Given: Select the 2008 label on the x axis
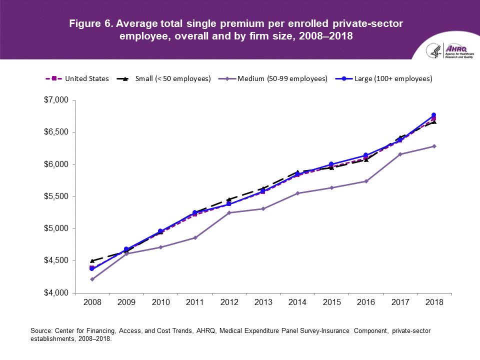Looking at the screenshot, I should coord(92,303).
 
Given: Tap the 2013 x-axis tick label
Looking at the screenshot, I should coord(263,303).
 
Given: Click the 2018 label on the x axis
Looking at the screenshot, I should coord(434,303).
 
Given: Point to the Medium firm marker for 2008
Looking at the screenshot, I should coord(92,279).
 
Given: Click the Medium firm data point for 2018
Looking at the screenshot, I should coord(434,146).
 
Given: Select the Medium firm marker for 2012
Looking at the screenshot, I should coord(229,212).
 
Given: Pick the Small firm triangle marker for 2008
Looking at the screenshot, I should coord(92,260).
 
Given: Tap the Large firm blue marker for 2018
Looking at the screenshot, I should coord(434,115).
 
